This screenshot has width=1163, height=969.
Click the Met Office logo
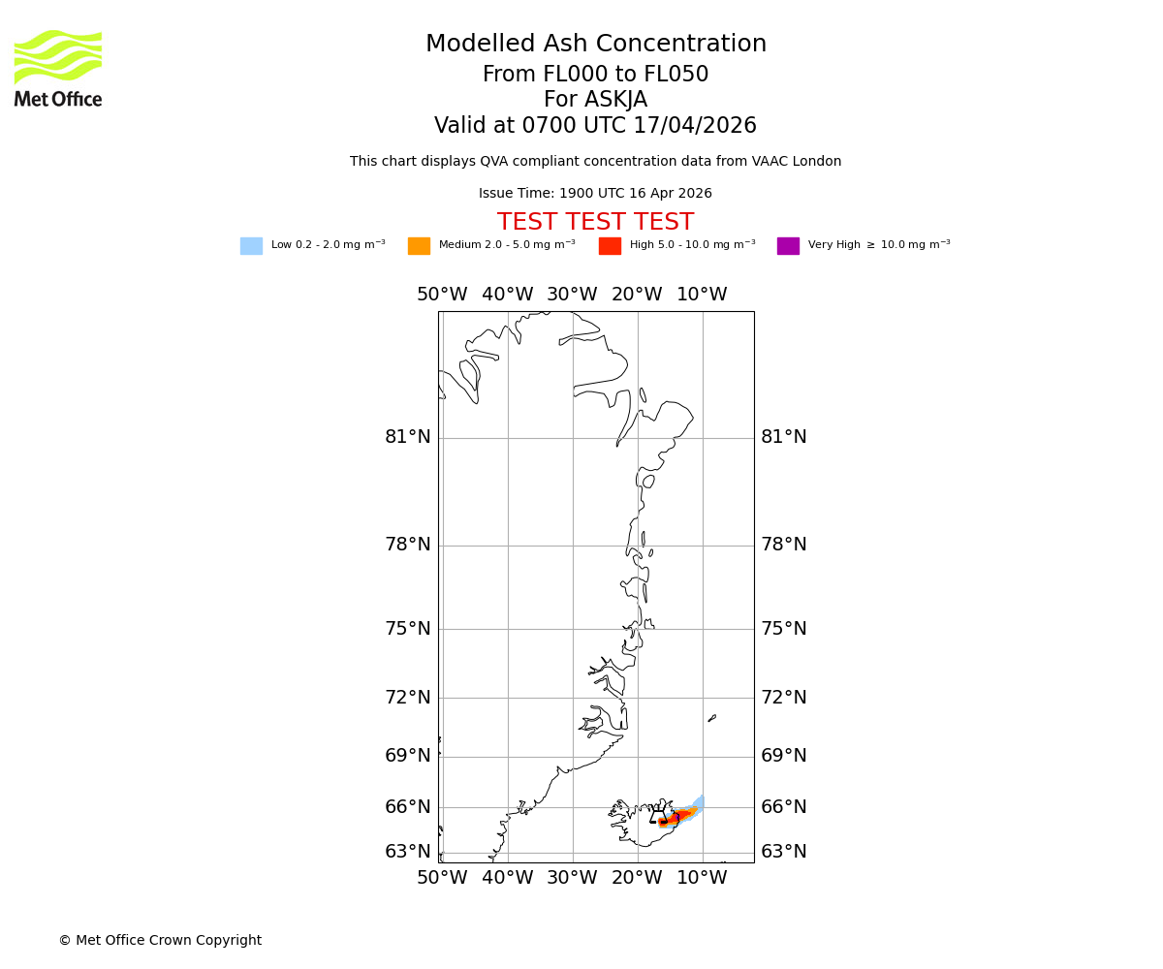tap(58, 68)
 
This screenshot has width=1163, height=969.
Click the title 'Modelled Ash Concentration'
tap(595, 45)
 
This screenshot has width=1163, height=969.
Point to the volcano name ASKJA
tap(616, 101)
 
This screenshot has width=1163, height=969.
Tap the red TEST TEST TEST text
tap(595, 223)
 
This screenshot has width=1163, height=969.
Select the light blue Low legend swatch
tap(251, 246)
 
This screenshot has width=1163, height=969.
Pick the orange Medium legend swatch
tap(419, 246)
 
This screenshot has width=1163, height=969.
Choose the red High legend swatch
tap(610, 246)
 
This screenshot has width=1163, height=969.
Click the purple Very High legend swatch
tap(788, 246)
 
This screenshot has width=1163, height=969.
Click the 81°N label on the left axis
tap(407, 438)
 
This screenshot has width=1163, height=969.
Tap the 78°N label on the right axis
tap(783, 546)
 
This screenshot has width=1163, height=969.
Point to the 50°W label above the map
tap(442, 296)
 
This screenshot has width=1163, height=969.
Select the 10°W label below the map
tap(702, 879)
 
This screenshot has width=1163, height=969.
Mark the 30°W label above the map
tap(572, 296)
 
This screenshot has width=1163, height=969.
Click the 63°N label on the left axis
tap(407, 853)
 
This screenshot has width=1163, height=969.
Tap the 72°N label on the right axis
tap(783, 698)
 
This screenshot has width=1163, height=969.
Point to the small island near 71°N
tap(711, 718)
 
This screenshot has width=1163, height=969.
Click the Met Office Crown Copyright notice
tap(160, 941)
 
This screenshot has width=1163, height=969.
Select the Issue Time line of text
tap(595, 194)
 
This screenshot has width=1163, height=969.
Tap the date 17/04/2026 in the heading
tap(695, 127)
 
